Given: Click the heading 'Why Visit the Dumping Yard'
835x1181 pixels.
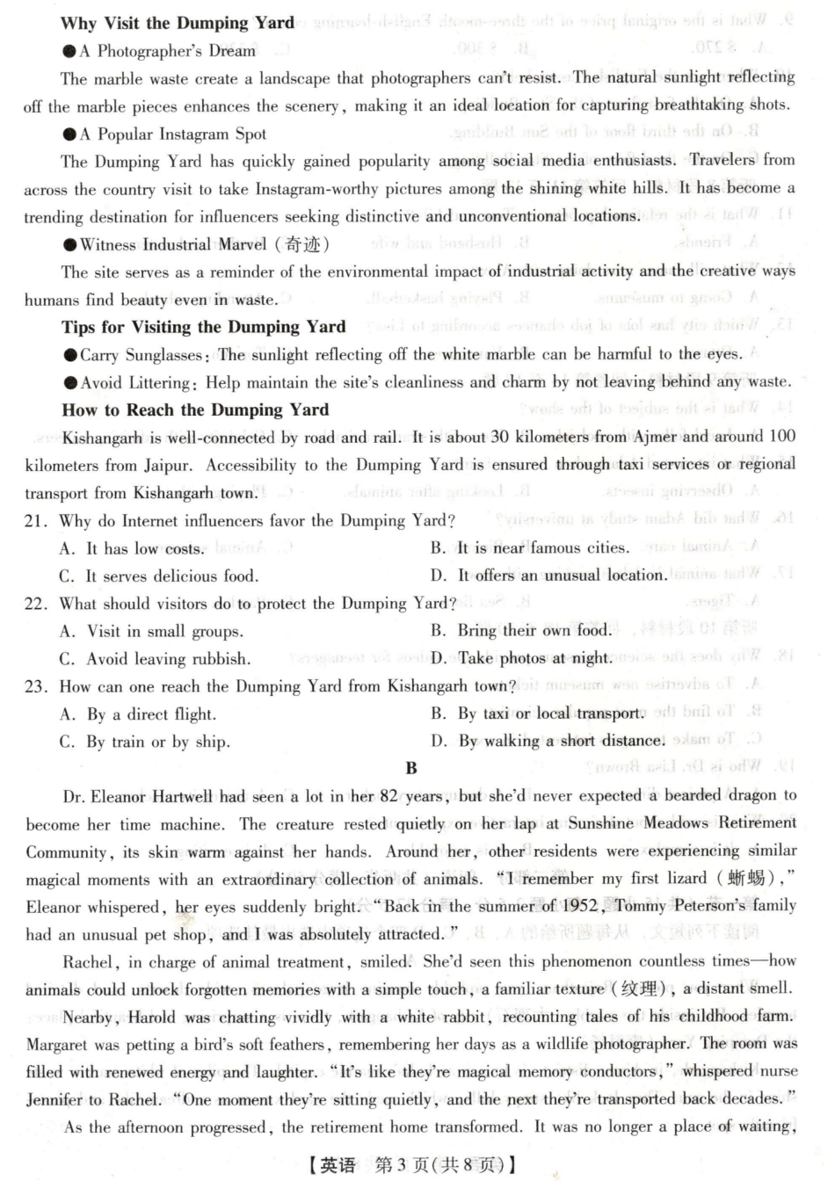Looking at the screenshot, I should (178, 24).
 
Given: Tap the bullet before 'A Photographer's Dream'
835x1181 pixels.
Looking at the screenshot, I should (69, 52).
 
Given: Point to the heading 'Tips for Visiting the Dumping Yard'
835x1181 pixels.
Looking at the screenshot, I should (203, 327).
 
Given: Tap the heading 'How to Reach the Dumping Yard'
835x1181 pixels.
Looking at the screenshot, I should (195, 409).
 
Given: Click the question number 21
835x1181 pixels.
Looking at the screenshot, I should (35, 521).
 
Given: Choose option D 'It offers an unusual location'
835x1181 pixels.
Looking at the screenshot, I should (549, 576).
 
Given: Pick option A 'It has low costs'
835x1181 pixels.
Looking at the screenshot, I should (132, 548).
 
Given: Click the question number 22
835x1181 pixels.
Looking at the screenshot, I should (35, 604).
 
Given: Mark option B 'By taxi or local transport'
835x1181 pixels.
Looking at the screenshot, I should (538, 714).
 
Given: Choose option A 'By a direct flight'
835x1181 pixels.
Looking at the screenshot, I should (138, 714).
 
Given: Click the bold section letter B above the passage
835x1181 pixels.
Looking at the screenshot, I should (411, 768).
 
